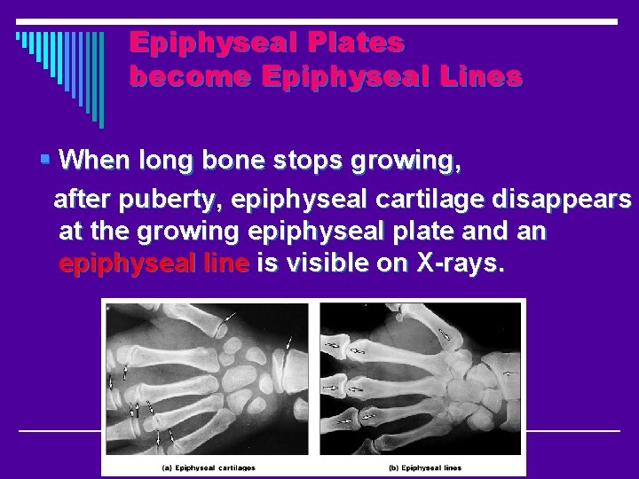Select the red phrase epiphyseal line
click(155, 264)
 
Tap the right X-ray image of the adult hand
click(421, 377)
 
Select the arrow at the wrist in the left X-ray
click(293, 342)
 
